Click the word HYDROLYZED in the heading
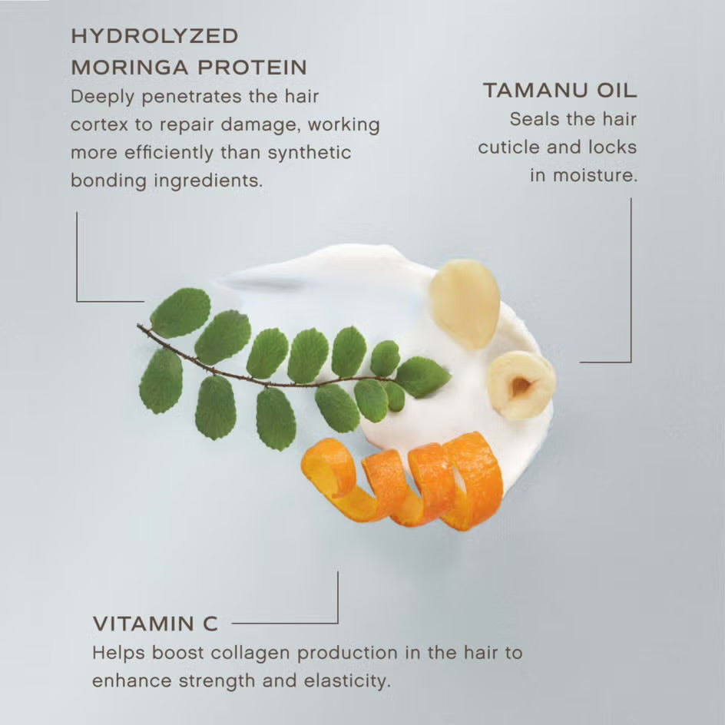tap(154, 36)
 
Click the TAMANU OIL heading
tap(560, 91)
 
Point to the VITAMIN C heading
tap(155, 624)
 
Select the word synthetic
tap(310, 152)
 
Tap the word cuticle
tap(511, 147)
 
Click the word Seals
tap(531, 119)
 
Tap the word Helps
tap(117, 654)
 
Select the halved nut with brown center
tap(521, 385)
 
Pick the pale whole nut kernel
tap(465, 303)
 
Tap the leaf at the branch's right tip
tap(422, 376)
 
